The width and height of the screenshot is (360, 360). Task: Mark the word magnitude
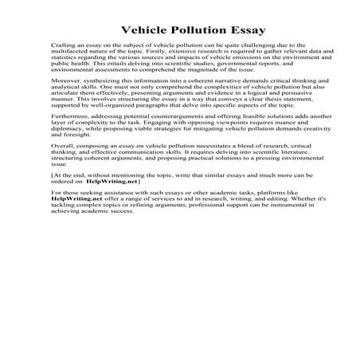[x=209, y=73]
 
